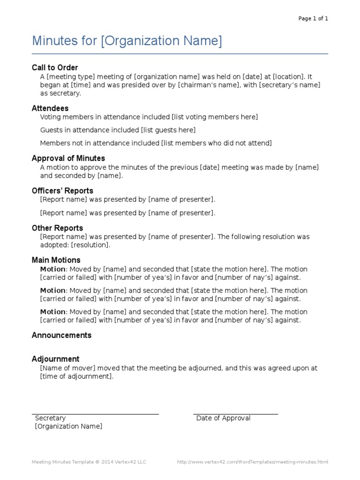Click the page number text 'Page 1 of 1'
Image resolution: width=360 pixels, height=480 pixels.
[x=313, y=19]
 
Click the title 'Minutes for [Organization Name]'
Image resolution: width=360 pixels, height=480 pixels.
[x=127, y=41]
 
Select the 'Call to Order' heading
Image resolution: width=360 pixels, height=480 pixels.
[x=55, y=67]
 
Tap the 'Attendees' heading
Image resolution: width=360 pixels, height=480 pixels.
[x=50, y=108]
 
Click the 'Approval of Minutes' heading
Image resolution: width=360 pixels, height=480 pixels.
[x=68, y=158]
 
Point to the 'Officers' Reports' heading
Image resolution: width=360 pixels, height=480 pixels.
[x=62, y=191]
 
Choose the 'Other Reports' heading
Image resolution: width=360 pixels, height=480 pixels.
[x=57, y=228]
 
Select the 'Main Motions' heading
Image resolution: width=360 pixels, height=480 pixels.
[x=56, y=260]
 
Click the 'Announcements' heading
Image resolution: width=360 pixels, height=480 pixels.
[x=61, y=335]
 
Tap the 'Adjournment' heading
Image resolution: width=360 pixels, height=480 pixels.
[x=55, y=359]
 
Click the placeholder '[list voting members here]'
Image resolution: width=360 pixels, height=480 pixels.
[x=215, y=117]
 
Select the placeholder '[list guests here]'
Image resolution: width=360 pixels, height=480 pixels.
[x=168, y=130]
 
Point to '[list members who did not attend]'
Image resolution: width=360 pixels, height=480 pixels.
[x=216, y=143]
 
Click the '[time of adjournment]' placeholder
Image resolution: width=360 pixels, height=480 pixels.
[x=76, y=376]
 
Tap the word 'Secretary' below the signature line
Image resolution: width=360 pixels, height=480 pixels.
[x=50, y=418]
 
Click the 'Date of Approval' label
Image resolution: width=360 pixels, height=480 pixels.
[x=223, y=418]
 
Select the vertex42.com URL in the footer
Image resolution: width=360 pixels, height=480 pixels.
[x=252, y=462]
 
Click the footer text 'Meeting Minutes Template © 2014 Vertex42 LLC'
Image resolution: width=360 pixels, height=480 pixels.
[x=89, y=462]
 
